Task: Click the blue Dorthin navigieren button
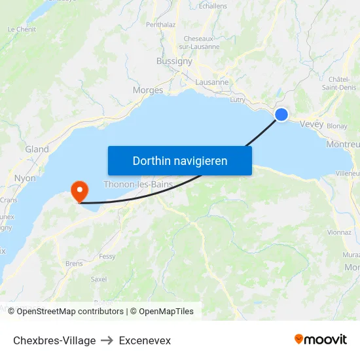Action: point(180,160)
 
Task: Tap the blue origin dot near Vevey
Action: point(281,115)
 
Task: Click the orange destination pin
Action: point(80,191)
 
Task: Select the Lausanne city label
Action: point(212,82)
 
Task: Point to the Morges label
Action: point(148,90)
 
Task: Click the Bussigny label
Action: point(174,61)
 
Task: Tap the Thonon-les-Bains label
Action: point(138,185)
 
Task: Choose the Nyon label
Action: point(25,178)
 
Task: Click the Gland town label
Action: point(37,149)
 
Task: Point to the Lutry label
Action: point(238,99)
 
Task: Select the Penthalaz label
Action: point(161,25)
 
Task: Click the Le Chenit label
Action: point(22,29)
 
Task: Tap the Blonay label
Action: point(336,126)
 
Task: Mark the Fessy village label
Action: point(107,257)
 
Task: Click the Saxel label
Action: point(99,279)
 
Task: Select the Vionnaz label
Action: point(339,232)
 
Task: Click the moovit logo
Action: point(321,340)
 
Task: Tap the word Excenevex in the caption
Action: point(145,340)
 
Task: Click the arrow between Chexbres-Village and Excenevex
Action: point(107,340)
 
